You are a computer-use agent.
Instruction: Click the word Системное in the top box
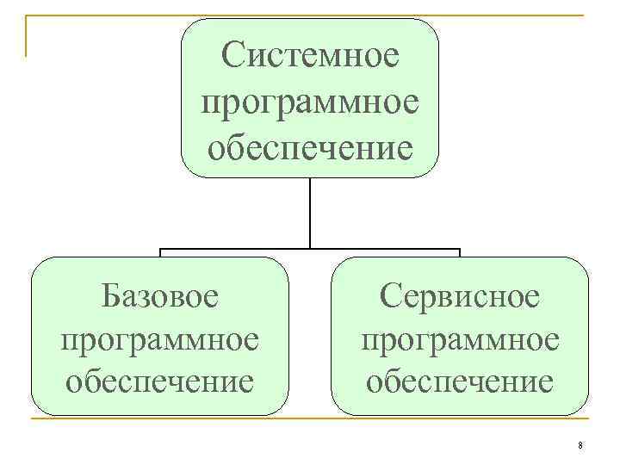pyautogui.click(x=310, y=58)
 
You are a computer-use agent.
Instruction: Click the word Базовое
pyautogui.click(x=159, y=296)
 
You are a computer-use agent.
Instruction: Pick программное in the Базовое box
pyautogui.click(x=159, y=338)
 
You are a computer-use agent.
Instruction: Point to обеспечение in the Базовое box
pyautogui.click(x=159, y=379)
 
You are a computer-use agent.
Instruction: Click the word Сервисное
pyautogui.click(x=460, y=296)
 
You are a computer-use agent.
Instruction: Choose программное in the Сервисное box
pyautogui.click(x=460, y=338)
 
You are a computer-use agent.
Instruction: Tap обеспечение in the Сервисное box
pyautogui.click(x=460, y=379)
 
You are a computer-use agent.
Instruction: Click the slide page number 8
pyautogui.click(x=580, y=445)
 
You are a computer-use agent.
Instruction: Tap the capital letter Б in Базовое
pyautogui.click(x=111, y=296)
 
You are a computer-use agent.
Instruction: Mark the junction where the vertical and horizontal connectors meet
pyautogui.click(x=310, y=251)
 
